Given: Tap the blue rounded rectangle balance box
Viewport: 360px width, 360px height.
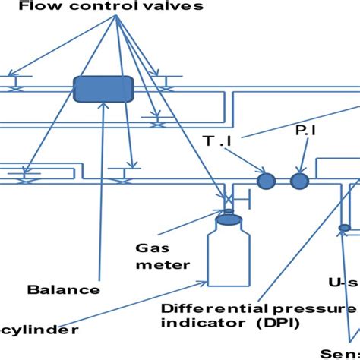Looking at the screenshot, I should click(x=103, y=89).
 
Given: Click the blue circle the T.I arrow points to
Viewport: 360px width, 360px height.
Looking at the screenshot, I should click(x=265, y=180).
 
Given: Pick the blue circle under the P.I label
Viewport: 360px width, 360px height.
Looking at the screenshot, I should click(x=299, y=180).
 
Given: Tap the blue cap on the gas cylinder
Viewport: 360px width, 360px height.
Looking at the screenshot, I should click(x=229, y=219).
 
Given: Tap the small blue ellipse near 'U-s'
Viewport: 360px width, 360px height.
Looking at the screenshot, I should click(x=343, y=227).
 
